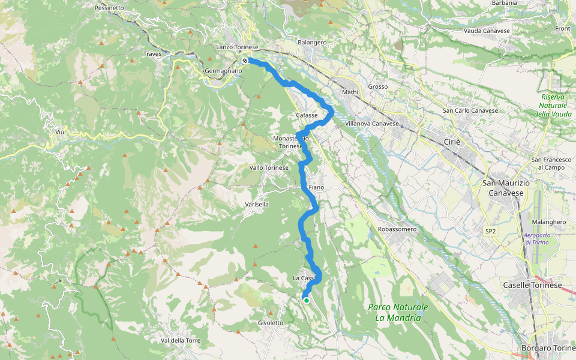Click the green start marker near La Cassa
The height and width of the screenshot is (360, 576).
point(306,301)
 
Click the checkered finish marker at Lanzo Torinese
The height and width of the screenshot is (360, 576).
point(245,60)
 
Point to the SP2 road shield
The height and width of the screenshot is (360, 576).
point(490,230)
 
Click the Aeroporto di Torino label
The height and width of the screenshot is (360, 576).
point(544,238)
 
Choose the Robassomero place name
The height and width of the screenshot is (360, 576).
point(397,229)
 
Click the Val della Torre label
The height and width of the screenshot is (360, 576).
point(181,340)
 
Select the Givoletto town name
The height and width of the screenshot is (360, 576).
point(270,323)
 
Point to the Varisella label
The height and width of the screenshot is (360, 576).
point(257,204)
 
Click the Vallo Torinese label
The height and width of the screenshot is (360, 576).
point(269,167)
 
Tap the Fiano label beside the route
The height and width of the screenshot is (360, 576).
point(316,187)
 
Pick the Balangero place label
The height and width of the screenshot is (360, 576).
point(312,43)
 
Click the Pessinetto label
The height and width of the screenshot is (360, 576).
point(109,8)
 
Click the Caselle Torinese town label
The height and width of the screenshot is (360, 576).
point(532,285)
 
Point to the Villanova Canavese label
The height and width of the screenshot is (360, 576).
point(372,124)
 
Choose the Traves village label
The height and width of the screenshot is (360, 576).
point(152,54)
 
